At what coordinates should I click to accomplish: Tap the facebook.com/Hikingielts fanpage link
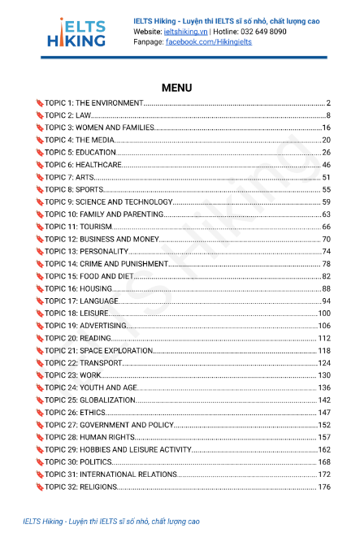pos(209,41)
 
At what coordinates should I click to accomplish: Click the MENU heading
pos(177,87)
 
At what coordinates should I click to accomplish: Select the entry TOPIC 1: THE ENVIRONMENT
pos(94,103)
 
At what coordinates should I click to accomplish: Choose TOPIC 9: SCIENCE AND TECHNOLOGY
pos(108,201)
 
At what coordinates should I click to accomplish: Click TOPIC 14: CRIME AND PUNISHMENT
pos(106,263)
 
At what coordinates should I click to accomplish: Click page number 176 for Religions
pos(324,487)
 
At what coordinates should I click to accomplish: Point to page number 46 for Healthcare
pos(326,165)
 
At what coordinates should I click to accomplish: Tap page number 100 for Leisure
pos(324,313)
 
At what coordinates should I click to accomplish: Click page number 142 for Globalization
pos(324,400)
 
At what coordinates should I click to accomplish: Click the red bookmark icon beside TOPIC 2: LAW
pos(39,115)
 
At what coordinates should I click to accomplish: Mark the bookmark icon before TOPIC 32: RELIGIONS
pos(39,487)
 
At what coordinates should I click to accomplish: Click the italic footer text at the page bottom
pos(111,522)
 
